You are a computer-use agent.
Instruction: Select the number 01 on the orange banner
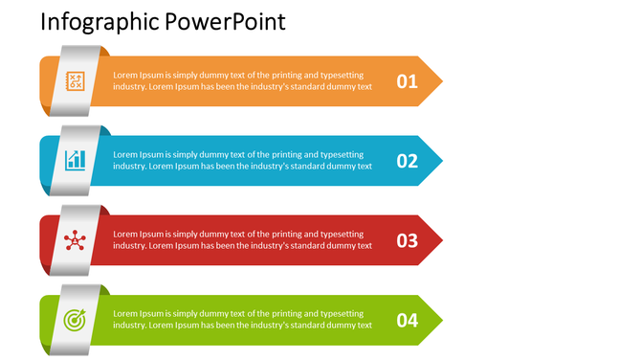tap(408, 81)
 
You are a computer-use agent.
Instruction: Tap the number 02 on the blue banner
tap(408, 161)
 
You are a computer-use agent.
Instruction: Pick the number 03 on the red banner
tap(408, 240)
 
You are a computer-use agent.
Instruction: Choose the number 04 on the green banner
tap(408, 320)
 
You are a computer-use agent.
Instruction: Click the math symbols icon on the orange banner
tap(74, 80)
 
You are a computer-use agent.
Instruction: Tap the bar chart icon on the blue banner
tap(75, 160)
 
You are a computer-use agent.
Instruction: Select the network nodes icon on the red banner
tap(74, 239)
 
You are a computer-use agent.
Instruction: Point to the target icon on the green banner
tap(74, 320)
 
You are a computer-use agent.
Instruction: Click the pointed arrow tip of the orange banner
tap(435, 80)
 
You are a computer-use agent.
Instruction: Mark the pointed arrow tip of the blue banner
tap(435, 160)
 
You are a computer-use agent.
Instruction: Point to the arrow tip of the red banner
tap(435, 239)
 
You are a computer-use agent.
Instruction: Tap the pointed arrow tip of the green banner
tap(435, 319)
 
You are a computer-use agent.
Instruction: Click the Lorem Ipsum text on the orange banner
tap(242, 80)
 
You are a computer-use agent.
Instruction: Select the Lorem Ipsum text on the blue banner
tap(242, 160)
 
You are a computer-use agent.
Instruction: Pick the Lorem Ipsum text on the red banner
tap(242, 239)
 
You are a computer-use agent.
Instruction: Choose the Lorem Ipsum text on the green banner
tap(242, 319)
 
